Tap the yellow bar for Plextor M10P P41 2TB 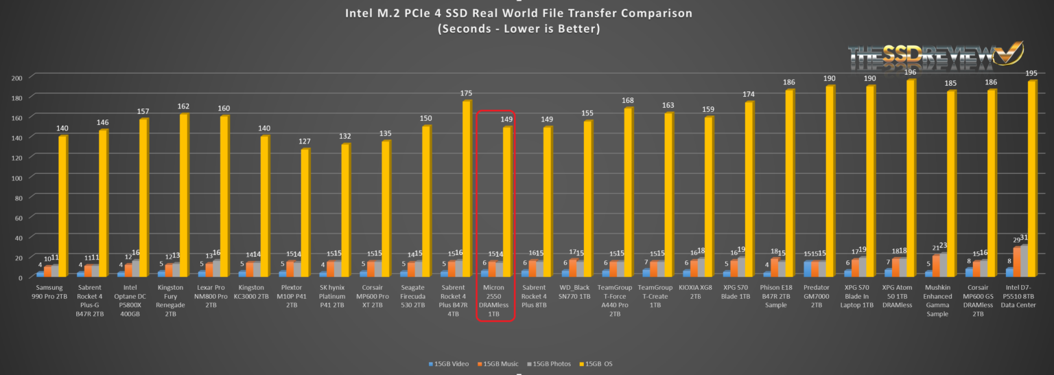(305, 213)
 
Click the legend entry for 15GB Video (449, 363)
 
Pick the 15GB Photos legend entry (551, 363)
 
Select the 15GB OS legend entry (598, 363)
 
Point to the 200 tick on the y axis (19, 78)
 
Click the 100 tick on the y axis (19, 178)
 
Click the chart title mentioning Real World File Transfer (526, 13)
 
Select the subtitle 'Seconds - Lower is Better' (526, 29)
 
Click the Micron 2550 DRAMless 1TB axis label (496, 300)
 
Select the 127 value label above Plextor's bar (305, 141)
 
